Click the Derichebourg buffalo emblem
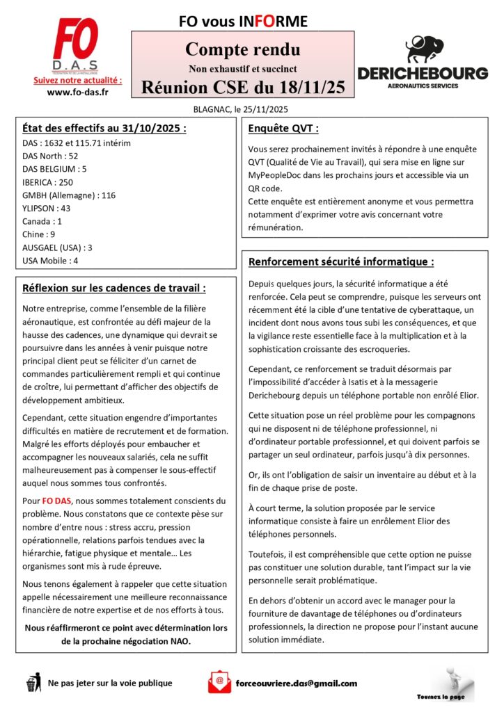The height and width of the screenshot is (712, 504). point(423,49)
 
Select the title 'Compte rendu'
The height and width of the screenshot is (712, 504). point(243,50)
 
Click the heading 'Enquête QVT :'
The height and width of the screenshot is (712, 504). point(283,129)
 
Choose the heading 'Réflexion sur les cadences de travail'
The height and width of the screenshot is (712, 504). point(113,288)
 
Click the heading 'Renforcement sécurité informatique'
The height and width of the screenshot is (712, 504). point(340,262)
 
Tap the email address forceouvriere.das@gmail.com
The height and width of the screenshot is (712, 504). point(297,683)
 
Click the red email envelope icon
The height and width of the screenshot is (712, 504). point(219,682)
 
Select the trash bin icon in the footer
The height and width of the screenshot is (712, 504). point(33,683)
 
